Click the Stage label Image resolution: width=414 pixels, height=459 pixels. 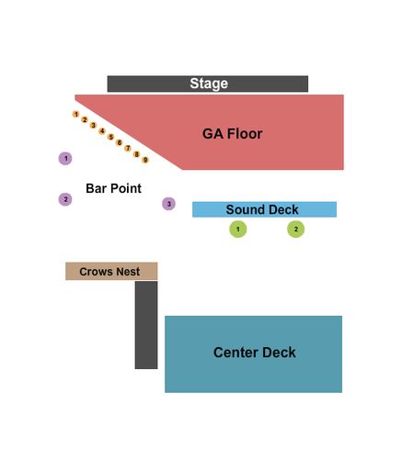click(x=209, y=84)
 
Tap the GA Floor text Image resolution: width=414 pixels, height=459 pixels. click(x=232, y=134)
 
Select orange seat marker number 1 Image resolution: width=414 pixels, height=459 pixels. click(x=76, y=114)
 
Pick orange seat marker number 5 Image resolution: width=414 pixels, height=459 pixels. click(x=110, y=137)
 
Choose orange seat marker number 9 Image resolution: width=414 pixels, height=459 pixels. click(x=145, y=160)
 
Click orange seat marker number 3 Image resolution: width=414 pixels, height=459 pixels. click(x=93, y=125)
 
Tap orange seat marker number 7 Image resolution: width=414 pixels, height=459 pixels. click(x=128, y=149)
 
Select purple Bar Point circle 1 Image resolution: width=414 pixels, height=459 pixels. click(x=65, y=159)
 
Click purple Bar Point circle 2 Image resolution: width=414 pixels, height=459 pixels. click(x=65, y=199)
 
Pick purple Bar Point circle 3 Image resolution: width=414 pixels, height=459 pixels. click(x=168, y=204)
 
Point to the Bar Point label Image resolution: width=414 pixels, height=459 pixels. click(x=113, y=188)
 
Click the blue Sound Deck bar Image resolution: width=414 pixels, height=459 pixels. click(x=264, y=209)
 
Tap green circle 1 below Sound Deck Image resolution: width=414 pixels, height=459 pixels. click(x=238, y=229)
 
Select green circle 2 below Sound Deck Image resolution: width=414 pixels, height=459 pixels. click(x=296, y=229)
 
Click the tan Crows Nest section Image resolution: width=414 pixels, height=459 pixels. click(x=111, y=271)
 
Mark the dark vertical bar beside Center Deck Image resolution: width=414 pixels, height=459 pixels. click(x=146, y=325)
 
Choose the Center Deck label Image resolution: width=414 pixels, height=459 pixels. click(x=255, y=353)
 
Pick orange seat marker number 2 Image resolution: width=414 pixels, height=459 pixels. click(x=85, y=119)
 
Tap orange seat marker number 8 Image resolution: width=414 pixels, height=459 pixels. click(x=137, y=154)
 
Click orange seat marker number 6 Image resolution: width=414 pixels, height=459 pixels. click(x=120, y=142)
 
